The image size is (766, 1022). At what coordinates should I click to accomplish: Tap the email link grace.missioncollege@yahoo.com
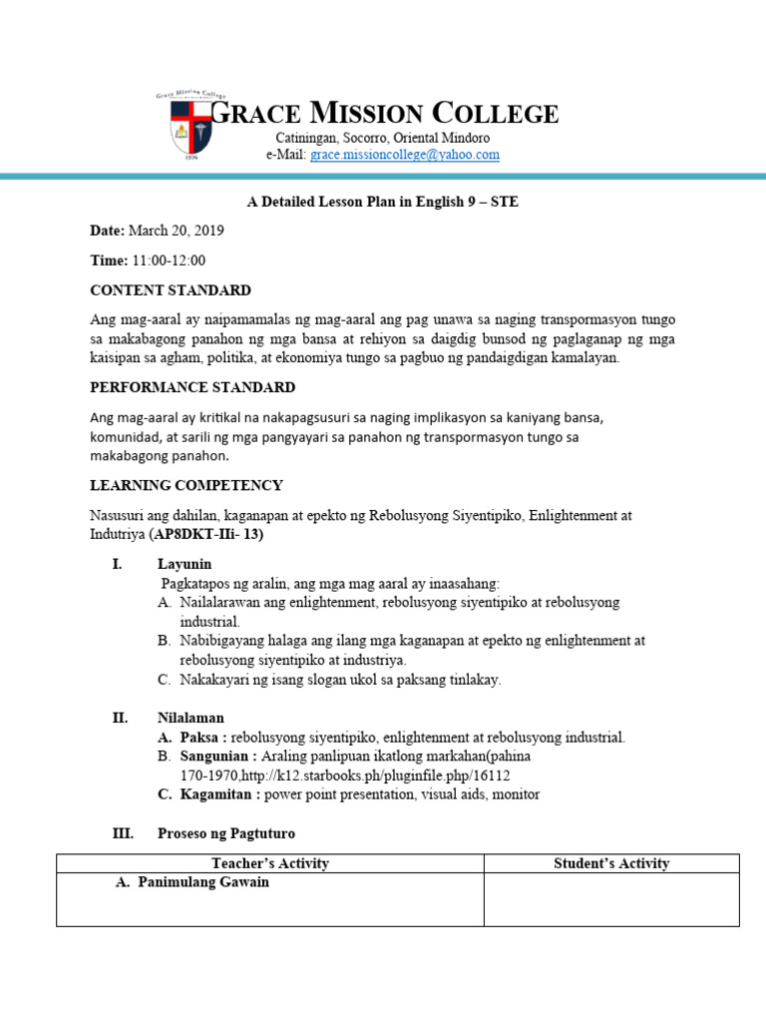(404, 155)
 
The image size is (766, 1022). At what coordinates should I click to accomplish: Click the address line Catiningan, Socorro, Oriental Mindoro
(383, 138)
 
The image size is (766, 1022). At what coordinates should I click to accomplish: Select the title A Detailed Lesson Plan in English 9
(383, 202)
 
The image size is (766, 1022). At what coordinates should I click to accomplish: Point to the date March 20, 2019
(176, 231)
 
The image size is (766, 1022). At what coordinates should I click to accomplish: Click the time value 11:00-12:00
(169, 260)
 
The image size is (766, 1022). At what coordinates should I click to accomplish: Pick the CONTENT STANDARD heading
(171, 290)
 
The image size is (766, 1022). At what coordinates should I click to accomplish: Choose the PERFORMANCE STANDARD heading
(192, 387)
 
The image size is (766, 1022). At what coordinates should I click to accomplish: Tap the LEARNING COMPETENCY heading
(187, 485)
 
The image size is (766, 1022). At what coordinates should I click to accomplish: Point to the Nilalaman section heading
(191, 718)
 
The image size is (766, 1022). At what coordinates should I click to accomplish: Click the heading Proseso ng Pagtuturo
(226, 833)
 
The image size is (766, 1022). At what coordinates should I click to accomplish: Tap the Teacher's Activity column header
(270, 863)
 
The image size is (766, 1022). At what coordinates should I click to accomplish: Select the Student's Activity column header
(611, 863)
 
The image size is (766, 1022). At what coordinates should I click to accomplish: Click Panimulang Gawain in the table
(203, 882)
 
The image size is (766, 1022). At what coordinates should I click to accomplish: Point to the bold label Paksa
(203, 738)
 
